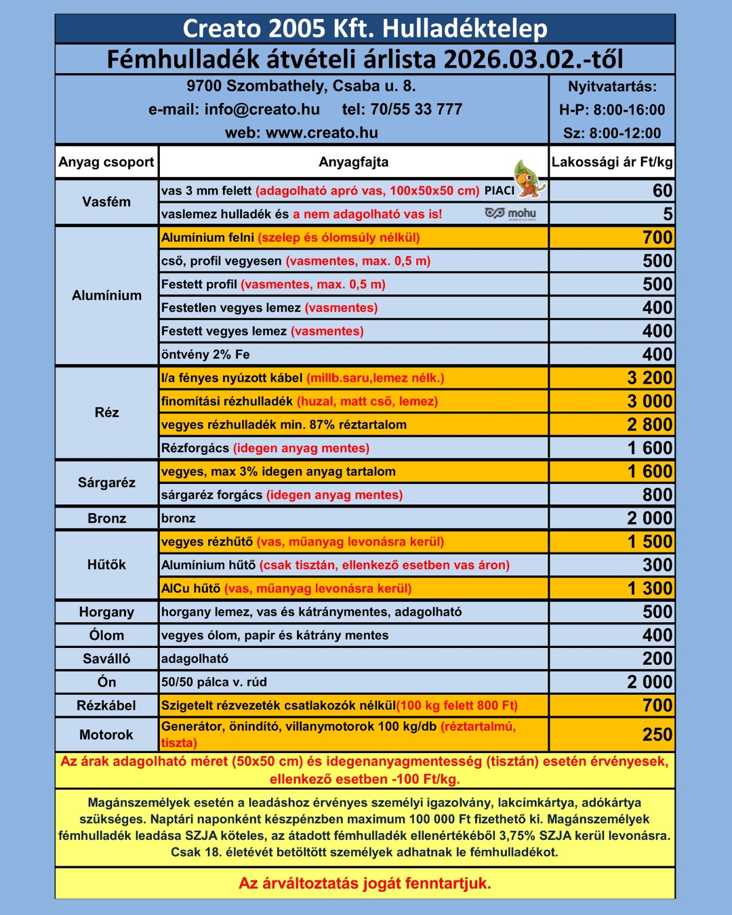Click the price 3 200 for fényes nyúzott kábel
coord(649,378)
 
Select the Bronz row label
coord(106,518)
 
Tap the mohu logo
coord(510,213)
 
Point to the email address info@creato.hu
coord(262,110)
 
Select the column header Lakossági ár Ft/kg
coord(612,162)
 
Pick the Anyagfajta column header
coord(353,162)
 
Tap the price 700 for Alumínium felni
coord(657,238)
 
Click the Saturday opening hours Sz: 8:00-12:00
coord(612,134)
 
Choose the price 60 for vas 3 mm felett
coord(662,191)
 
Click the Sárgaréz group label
coord(106,483)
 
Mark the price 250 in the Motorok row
coord(657,735)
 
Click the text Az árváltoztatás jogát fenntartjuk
coord(365,883)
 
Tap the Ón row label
coord(106,682)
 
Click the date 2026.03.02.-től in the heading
coord(533,60)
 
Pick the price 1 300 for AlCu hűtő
coord(649,588)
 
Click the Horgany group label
coord(106,612)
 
